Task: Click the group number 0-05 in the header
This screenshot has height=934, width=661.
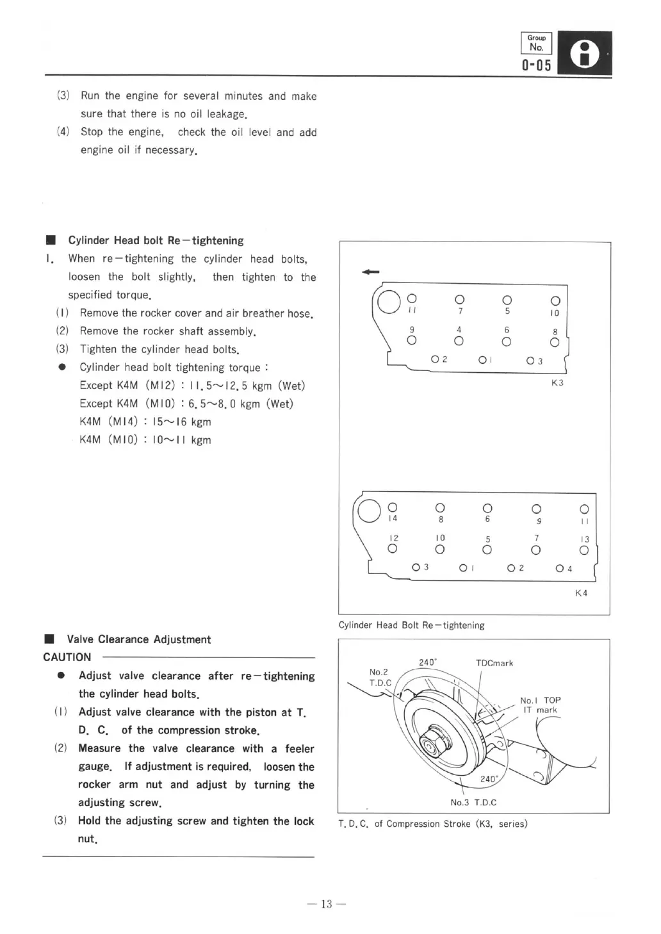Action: [x=536, y=65]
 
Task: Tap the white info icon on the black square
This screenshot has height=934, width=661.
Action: [x=584, y=54]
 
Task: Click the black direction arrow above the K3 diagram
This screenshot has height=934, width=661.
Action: [x=370, y=272]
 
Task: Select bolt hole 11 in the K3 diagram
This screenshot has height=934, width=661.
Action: [x=412, y=299]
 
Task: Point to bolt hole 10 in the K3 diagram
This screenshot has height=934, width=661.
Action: [x=555, y=300]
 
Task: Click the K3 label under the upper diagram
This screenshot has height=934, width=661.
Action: [x=557, y=383]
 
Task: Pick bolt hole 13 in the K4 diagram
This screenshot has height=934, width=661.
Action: [x=583, y=550]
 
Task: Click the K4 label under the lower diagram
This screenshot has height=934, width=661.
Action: [x=581, y=593]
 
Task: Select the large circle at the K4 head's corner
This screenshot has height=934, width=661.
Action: [x=370, y=511]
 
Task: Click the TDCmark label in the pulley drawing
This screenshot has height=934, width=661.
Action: [x=494, y=663]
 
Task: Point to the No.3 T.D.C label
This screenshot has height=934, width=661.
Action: [x=473, y=802]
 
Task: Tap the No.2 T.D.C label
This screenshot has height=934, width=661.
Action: [x=379, y=677]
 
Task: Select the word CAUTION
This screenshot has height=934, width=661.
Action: [x=67, y=657]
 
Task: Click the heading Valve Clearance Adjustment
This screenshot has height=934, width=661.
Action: [x=139, y=639]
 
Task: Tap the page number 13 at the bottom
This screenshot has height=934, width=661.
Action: [x=327, y=904]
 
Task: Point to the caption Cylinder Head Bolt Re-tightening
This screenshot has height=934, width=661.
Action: [x=411, y=625]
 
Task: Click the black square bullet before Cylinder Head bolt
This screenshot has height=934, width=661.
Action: [x=51, y=240]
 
